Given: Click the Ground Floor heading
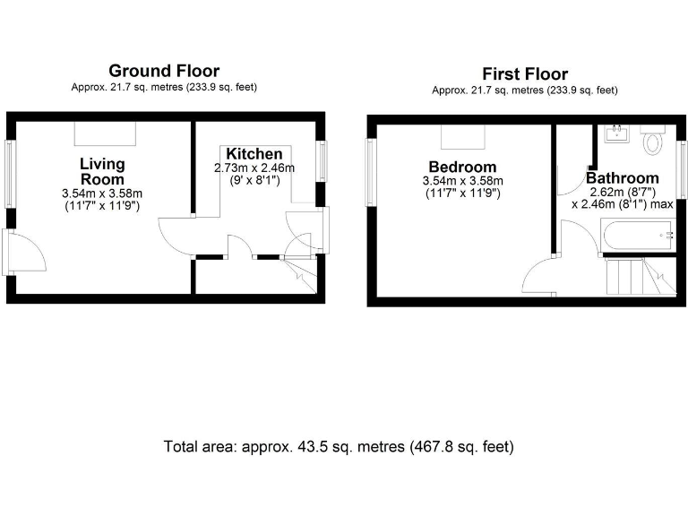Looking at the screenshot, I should (x=164, y=71).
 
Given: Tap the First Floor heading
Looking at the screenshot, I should (x=524, y=73).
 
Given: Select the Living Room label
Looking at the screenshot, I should (x=102, y=171).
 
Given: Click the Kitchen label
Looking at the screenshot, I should (x=254, y=154).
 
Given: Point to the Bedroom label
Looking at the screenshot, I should (x=461, y=167).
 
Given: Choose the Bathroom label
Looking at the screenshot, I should (x=623, y=178).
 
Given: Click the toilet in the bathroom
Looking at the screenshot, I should (x=653, y=141).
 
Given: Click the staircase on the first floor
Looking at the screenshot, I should (x=636, y=276).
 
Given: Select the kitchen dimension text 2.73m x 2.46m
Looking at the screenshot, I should (x=254, y=168).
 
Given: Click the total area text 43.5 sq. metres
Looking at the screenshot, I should (x=339, y=446).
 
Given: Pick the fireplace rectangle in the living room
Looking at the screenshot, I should (x=106, y=133).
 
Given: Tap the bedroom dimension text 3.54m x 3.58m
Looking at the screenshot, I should (x=461, y=181).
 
